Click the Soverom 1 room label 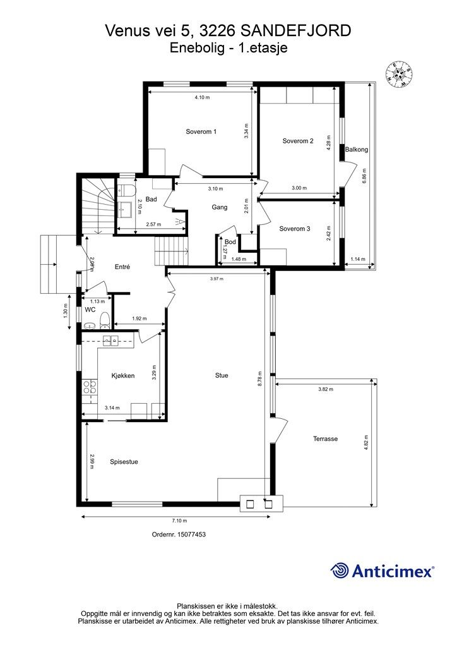point(201,131)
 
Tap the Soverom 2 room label point(297,141)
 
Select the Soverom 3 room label point(294,229)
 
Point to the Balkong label point(357,149)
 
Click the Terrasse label point(325,438)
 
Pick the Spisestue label point(124,462)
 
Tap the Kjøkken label point(123,375)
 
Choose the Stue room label point(222,375)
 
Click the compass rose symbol point(398,75)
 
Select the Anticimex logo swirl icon point(340,571)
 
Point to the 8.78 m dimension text point(259,377)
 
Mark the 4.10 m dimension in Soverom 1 point(202,97)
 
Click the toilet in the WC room point(104,320)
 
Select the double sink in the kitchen point(110,340)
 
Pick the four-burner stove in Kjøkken point(90,387)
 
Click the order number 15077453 point(179,535)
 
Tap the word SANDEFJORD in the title point(295,30)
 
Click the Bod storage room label point(230,241)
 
